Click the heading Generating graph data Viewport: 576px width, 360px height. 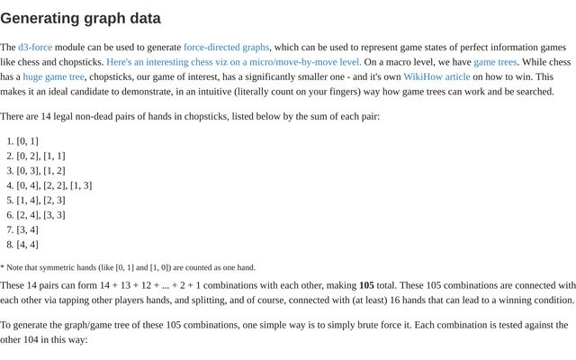[81, 18]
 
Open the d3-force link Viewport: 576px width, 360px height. [35, 47]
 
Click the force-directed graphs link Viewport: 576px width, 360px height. [226, 47]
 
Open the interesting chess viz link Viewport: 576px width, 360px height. [234, 62]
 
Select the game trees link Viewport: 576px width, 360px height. [495, 62]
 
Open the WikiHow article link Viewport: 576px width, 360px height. [436, 76]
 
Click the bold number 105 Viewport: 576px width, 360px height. [366, 285]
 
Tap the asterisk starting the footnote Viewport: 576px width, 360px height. [3, 267]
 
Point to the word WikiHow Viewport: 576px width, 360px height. [423, 76]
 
